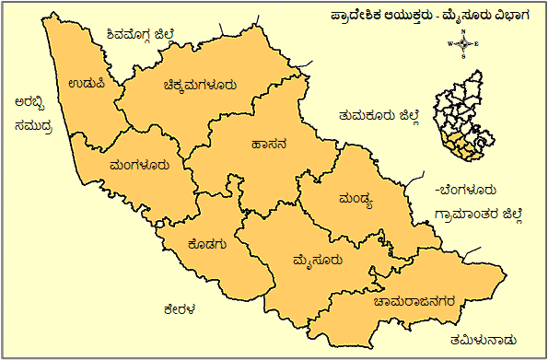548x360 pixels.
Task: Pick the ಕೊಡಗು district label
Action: (x=206, y=244)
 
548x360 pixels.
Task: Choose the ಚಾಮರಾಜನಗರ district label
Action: (x=408, y=299)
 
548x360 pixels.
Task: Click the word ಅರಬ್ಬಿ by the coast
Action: (x=23, y=103)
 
